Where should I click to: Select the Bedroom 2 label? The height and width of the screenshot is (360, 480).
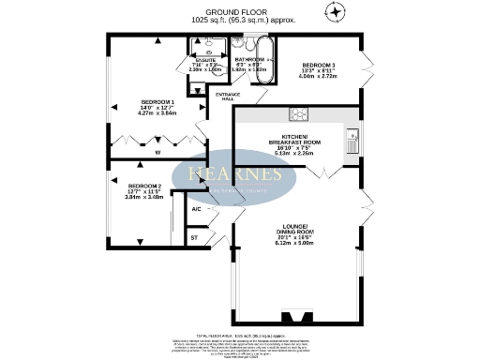144,187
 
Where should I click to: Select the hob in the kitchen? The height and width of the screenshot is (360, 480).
299,114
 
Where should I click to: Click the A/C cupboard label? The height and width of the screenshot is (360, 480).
196,209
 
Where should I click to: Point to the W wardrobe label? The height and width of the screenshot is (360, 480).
157,152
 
